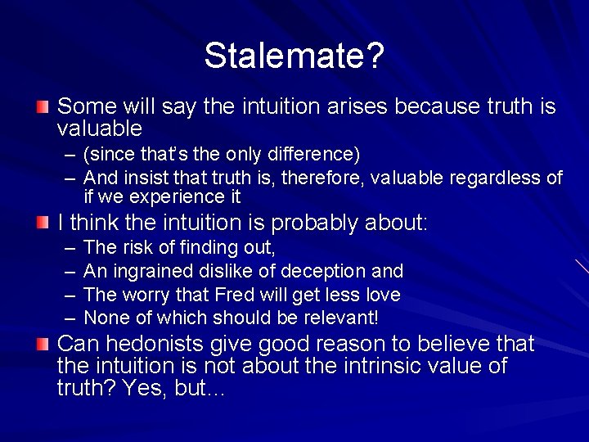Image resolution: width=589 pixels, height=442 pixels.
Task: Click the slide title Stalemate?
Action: tap(294, 56)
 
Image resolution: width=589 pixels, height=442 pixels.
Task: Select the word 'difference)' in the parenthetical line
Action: tap(309, 154)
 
